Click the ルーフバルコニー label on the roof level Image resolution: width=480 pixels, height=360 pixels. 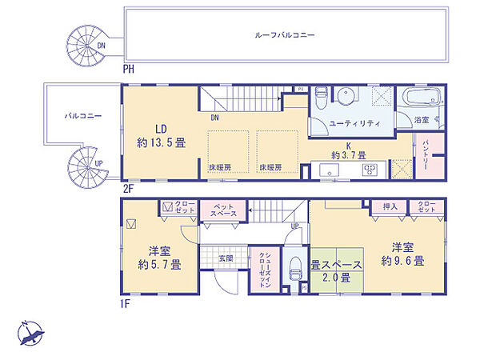pos(285,35)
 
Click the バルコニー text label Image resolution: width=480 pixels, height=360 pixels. pos(83,116)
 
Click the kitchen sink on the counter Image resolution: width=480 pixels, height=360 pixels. pos(328,169)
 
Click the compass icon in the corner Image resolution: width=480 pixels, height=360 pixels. pos(31,331)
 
